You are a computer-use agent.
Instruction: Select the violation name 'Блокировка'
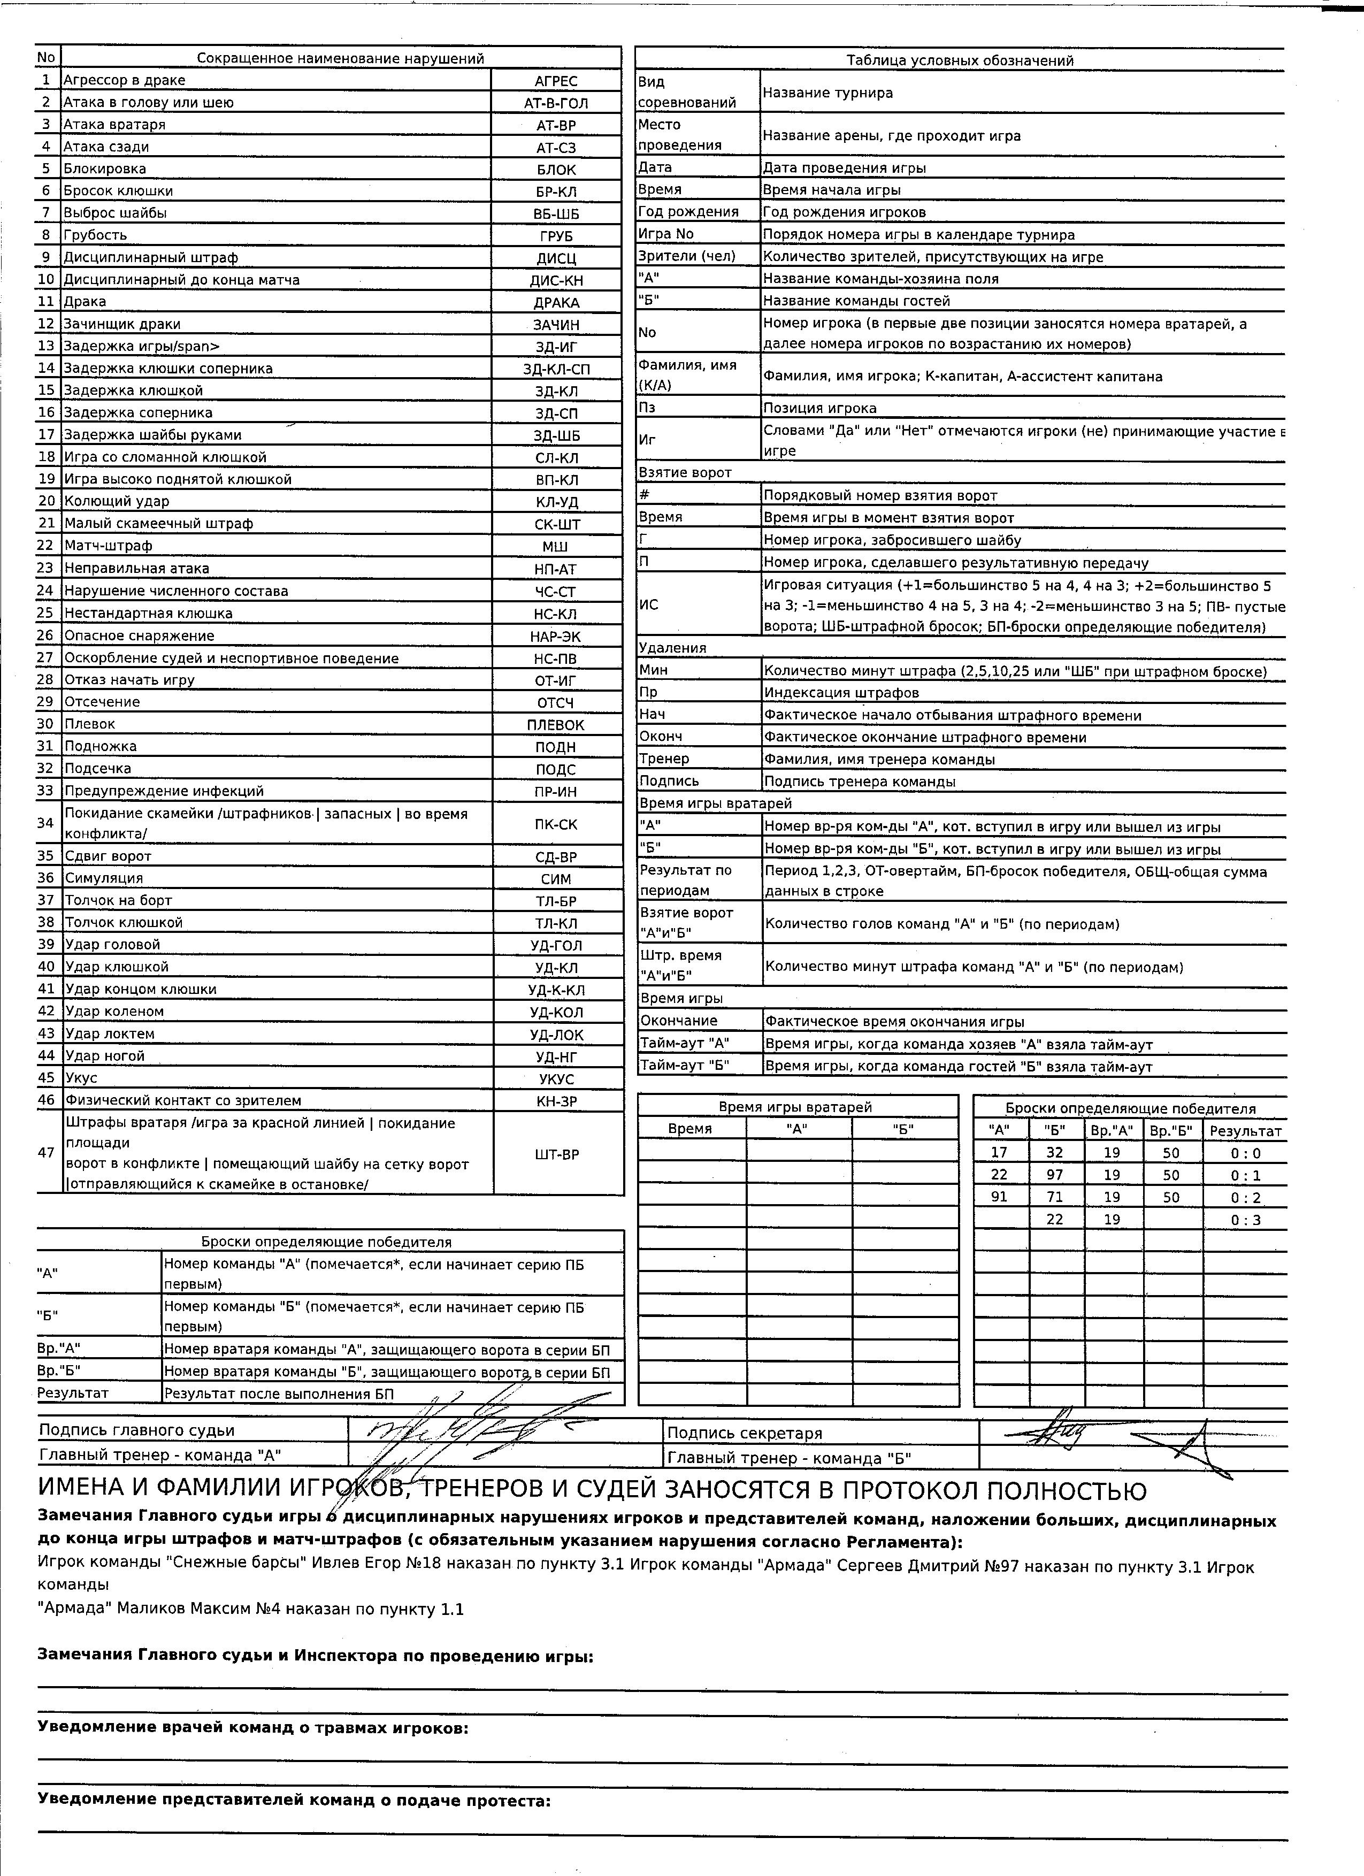pos(105,169)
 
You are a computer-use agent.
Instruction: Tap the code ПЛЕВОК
pos(555,725)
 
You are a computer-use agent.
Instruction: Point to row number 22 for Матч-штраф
pos(47,546)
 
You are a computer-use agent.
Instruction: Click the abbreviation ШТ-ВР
pos(557,1154)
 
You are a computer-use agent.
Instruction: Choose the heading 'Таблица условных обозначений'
pos(960,60)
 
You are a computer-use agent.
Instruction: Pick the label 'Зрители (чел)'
pos(687,256)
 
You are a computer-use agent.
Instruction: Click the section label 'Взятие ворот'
pos(685,472)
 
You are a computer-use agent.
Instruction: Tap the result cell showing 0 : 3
pos(1245,1220)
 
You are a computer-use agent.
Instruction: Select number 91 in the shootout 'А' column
pos(999,1197)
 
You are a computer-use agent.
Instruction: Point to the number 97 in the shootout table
pos(1055,1175)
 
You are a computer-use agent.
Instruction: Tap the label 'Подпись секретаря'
pos(745,1434)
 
